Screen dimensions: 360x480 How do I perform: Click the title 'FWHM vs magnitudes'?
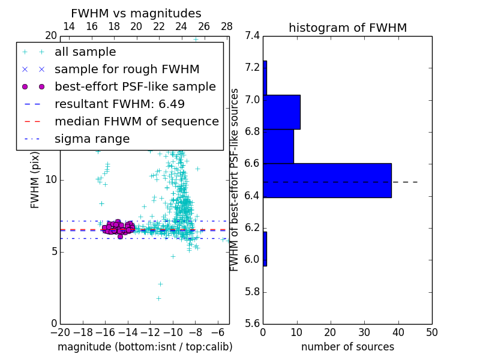pyautogui.click(x=136, y=13)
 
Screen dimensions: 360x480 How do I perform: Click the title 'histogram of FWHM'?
pyautogui.click(x=347, y=28)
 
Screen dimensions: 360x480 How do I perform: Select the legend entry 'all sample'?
pyautogui.click(x=85, y=52)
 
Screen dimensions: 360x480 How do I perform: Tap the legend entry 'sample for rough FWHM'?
pyautogui.click(x=127, y=69)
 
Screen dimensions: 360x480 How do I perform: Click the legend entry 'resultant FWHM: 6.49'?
pyautogui.click(x=119, y=104)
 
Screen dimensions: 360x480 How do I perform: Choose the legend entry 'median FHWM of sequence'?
pyautogui.click(x=137, y=121)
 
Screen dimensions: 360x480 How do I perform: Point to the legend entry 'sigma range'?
pyautogui.click(x=92, y=139)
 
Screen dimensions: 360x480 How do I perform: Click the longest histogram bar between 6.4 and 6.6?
pyautogui.click(x=327, y=180)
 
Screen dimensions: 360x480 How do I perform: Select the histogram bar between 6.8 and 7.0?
pyautogui.click(x=281, y=112)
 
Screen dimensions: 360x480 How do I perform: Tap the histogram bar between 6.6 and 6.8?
pyautogui.click(x=278, y=146)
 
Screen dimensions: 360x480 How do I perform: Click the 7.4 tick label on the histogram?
pyautogui.click(x=253, y=35)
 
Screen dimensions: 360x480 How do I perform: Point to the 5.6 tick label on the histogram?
pyautogui.click(x=253, y=324)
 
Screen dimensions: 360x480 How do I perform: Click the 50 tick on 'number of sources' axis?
pyautogui.click(x=432, y=332)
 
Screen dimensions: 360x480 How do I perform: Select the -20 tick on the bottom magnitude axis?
pyautogui.click(x=60, y=332)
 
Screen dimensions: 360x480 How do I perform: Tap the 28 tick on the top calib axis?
pyautogui.click(x=227, y=26)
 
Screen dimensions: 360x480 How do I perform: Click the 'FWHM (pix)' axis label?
pyautogui.click(x=35, y=180)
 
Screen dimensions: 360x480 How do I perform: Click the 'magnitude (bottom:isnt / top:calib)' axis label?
pyautogui.click(x=145, y=347)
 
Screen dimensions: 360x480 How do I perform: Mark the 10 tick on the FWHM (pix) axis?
pyautogui.click(x=51, y=180)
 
